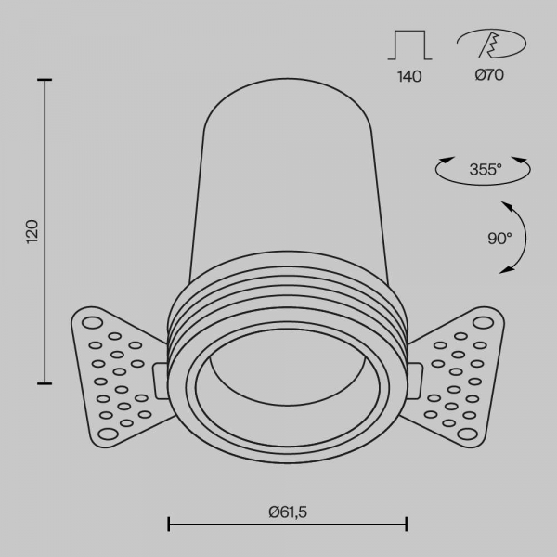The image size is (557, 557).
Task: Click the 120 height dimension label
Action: (x=32, y=231)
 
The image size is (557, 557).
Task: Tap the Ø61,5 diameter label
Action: (x=288, y=512)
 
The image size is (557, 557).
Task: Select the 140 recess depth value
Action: (x=409, y=77)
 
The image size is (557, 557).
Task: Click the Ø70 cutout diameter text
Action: (x=489, y=75)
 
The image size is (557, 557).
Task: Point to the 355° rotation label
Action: (x=486, y=169)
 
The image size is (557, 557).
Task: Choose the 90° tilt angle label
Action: (x=499, y=239)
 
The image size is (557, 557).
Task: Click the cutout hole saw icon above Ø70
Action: (x=491, y=44)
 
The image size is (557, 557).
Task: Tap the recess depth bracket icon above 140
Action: (x=409, y=45)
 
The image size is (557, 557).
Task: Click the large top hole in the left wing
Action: (x=92, y=323)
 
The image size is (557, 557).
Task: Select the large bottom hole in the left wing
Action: (x=108, y=434)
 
